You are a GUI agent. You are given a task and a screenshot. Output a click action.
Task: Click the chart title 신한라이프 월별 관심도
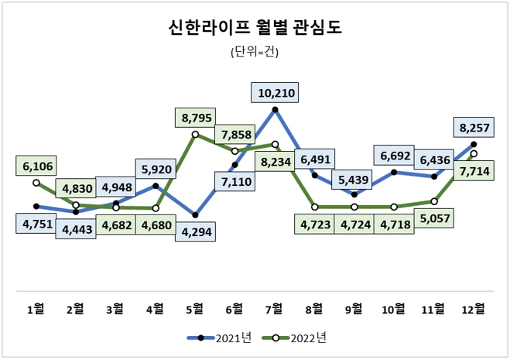tap(255, 29)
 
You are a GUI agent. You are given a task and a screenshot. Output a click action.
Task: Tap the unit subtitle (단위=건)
tap(255, 53)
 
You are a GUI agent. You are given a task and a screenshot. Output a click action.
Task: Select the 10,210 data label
tap(275, 93)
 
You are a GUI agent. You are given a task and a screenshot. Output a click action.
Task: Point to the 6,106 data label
tap(36, 166)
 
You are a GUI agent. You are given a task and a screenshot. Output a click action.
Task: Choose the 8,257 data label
tap(474, 127)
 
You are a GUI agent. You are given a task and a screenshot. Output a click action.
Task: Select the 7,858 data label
tap(234, 135)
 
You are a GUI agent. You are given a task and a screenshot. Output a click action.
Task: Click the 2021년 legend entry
tap(219, 338)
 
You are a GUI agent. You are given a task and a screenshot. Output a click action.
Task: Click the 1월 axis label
tap(36, 308)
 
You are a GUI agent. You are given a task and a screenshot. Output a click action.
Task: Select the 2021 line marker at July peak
tap(275, 110)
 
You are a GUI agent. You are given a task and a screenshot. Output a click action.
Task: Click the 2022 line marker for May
tap(195, 134)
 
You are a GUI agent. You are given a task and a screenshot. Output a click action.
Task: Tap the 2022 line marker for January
tap(36, 183)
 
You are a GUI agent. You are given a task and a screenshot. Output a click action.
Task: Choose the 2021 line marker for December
tap(474, 144)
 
